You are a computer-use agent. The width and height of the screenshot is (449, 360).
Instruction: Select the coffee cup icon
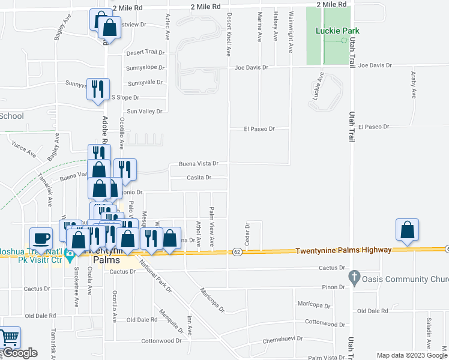41,238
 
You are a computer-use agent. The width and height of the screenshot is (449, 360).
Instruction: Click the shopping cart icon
9,338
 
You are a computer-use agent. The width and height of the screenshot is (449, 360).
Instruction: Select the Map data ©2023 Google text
411,355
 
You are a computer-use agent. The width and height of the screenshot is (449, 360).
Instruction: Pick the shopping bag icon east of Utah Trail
407,230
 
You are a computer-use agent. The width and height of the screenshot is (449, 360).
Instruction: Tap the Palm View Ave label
212,224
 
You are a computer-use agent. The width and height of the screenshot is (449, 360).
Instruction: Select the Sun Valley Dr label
145,112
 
